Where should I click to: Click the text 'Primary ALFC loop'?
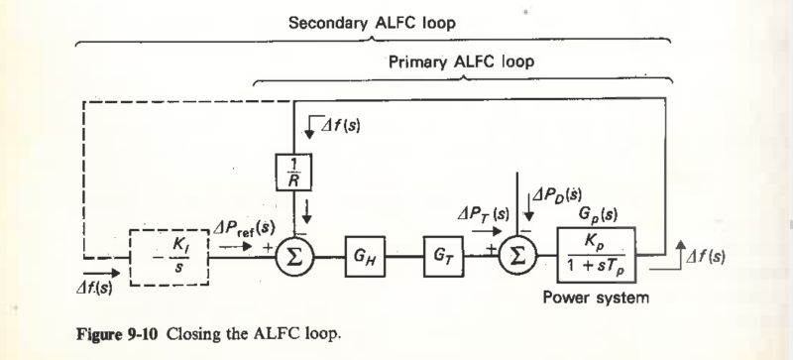(461, 62)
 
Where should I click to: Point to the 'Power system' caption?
(595, 299)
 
